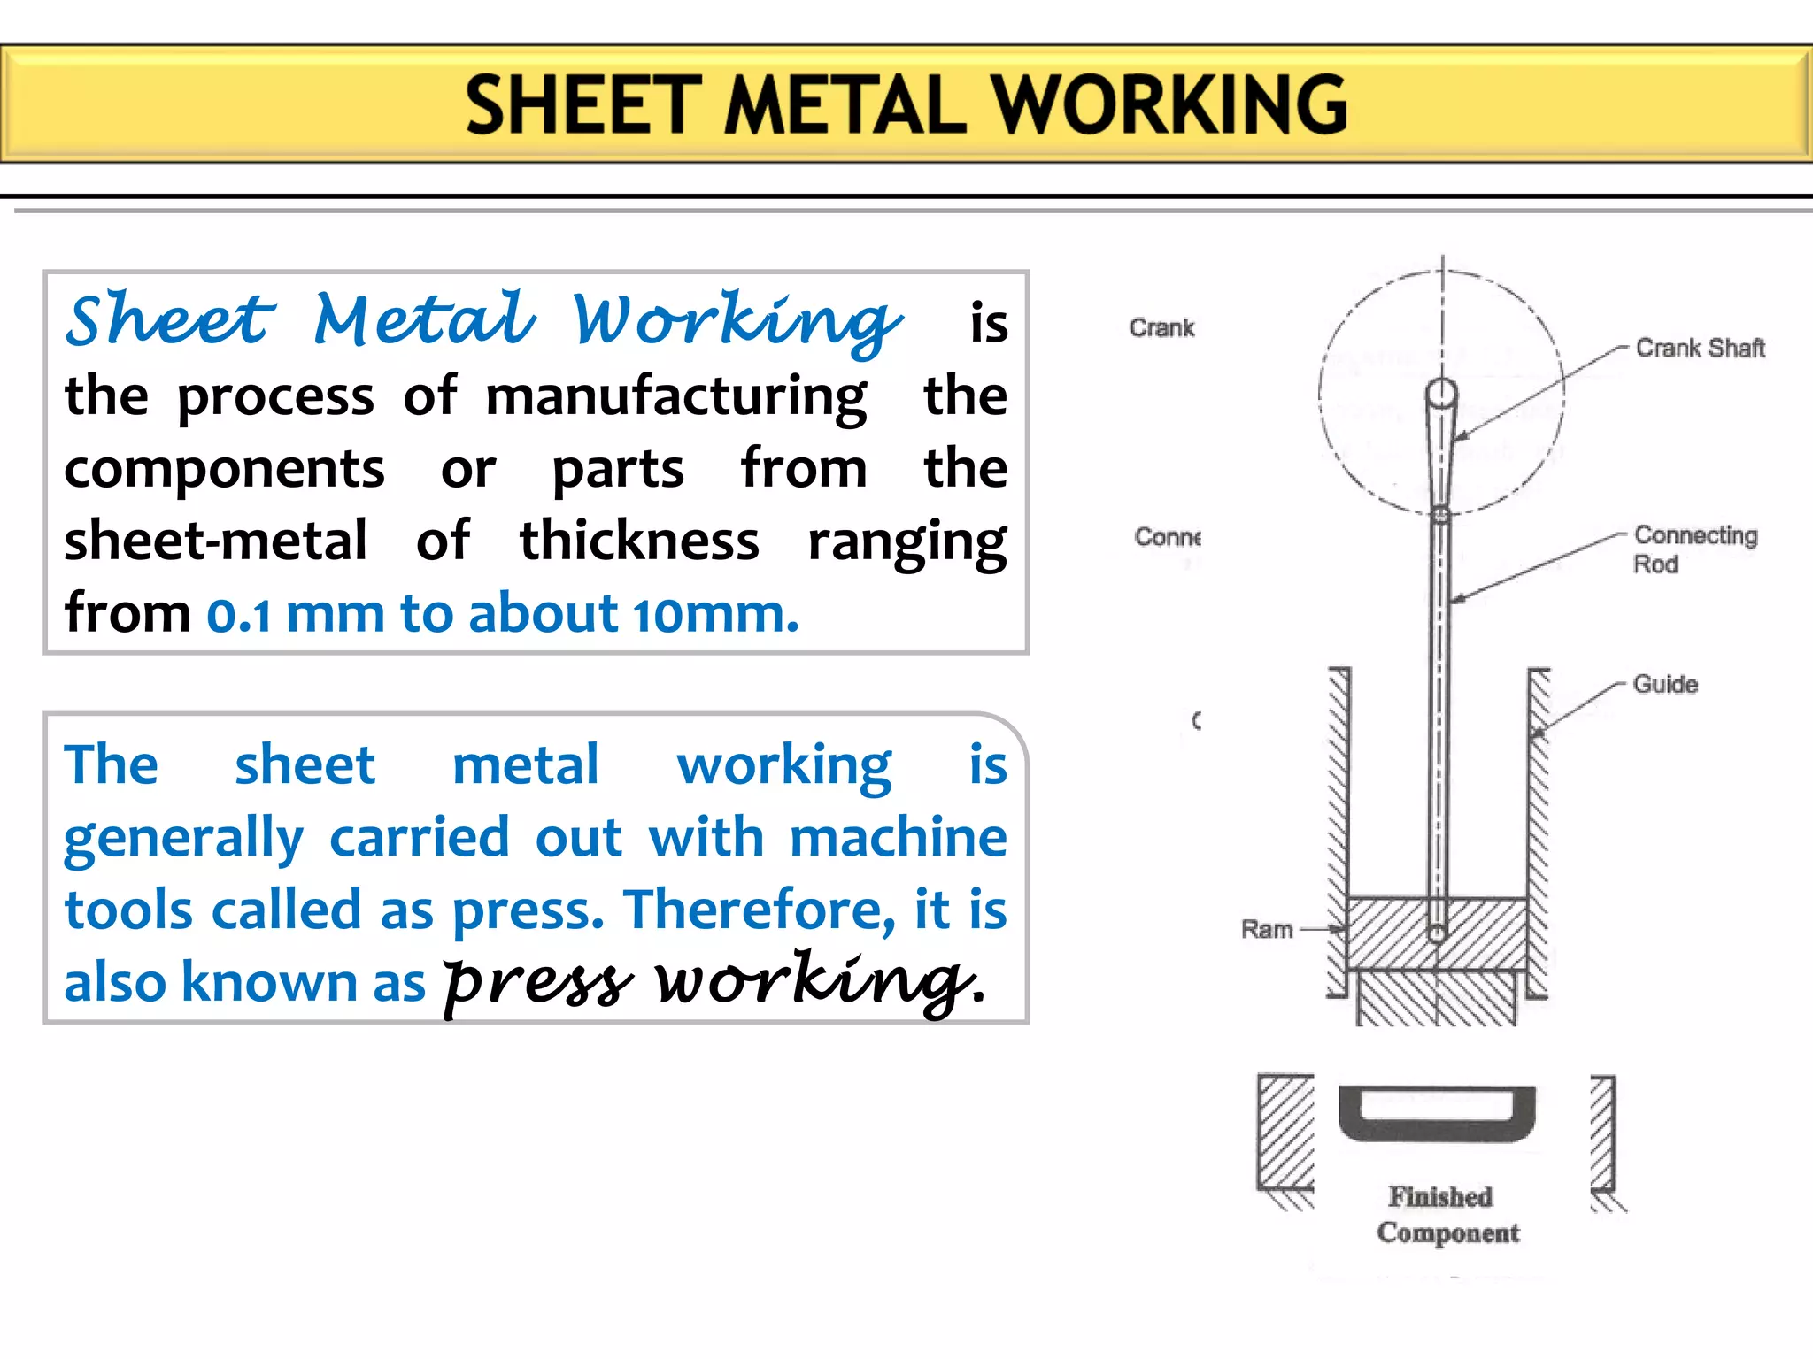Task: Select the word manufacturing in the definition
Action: (x=676, y=396)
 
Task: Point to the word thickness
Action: (x=639, y=541)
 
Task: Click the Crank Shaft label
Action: (x=1700, y=348)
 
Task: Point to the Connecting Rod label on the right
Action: (x=1694, y=549)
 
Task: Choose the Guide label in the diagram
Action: (x=1665, y=684)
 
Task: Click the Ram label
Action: (x=1267, y=929)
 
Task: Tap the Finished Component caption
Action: (x=1447, y=1214)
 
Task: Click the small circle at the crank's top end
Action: (x=1441, y=393)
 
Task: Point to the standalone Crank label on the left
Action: (x=1161, y=328)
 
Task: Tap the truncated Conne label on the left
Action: (x=1168, y=537)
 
